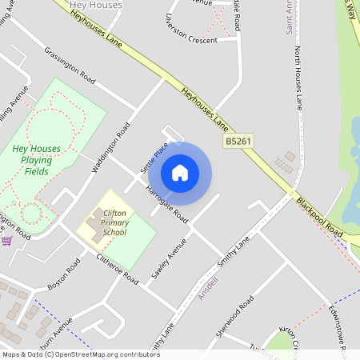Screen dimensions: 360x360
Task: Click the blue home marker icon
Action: coord(180,173)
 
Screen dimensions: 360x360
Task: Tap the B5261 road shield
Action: coord(235,141)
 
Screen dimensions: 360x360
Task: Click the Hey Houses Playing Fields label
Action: coord(35,160)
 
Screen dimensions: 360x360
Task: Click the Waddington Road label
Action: coord(111,147)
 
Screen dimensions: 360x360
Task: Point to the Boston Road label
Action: coord(65,274)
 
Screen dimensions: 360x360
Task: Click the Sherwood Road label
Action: coord(234,315)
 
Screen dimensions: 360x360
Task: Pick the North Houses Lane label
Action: coord(299,77)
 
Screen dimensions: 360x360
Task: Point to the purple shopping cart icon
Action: coord(6,239)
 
